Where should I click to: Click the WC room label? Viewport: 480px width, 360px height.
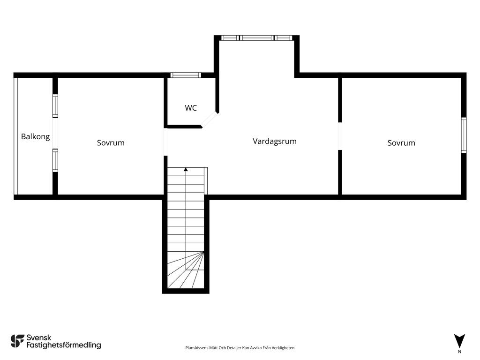point(191,108)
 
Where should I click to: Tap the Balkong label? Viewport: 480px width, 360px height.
point(35,136)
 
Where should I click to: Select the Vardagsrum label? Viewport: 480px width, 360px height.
point(275,141)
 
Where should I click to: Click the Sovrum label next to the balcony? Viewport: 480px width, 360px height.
point(111,142)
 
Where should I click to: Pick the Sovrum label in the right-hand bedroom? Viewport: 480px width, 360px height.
point(401,142)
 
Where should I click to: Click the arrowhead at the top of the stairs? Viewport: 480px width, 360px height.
point(186,169)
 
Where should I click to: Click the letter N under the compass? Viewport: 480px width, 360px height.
point(459,352)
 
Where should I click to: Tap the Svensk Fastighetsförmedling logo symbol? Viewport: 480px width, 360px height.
point(17,341)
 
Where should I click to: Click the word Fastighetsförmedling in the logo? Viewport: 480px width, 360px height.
point(64,345)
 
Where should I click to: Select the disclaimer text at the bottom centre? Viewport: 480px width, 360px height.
point(240,348)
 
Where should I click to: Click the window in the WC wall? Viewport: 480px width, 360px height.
point(186,75)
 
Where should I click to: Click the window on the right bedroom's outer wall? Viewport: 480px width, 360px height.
point(464,135)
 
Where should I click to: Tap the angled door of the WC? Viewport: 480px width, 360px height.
point(210,120)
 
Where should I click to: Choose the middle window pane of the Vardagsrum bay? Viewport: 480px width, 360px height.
point(256,38)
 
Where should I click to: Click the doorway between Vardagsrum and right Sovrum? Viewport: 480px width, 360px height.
point(340,136)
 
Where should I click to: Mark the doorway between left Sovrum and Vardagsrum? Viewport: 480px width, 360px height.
point(165,142)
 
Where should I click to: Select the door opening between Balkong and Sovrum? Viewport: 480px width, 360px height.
point(55,133)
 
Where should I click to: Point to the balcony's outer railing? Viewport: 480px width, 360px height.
point(15,136)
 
